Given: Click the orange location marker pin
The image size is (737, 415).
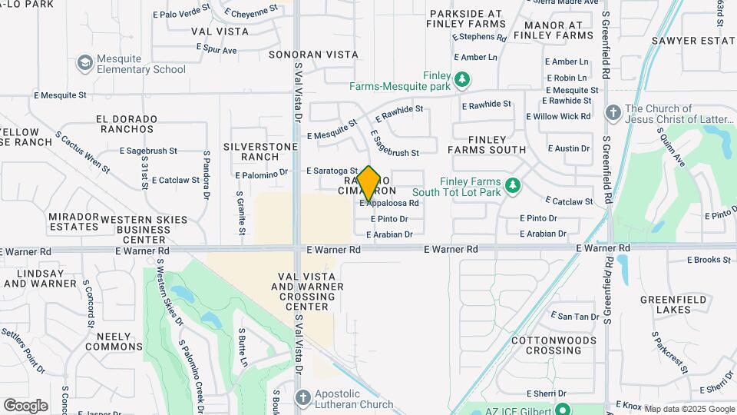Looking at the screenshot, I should tap(368, 183).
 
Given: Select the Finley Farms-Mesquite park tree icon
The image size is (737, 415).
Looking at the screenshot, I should tap(462, 78).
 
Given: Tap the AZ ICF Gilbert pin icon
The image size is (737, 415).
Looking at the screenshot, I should tap(563, 409).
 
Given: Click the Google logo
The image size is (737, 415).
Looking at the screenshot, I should tap(25, 405).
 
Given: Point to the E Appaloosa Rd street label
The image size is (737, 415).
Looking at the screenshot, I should tap(389, 204).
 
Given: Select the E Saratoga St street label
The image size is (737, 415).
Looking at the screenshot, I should tap(332, 171).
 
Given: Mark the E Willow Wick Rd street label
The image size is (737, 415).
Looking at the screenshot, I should tap(558, 116).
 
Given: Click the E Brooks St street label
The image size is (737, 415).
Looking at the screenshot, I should tap(709, 260).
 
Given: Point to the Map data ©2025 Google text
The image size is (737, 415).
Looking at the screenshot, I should tap(688, 409).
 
